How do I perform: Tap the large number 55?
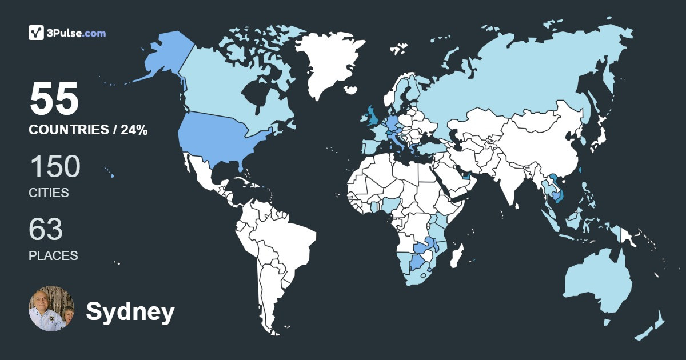[54, 99]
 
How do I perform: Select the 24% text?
[134, 130]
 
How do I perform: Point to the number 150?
[54, 167]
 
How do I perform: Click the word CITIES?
[49, 193]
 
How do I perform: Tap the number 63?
[46, 229]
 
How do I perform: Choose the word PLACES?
[53, 255]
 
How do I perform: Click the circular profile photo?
[51, 309]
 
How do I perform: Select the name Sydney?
[130, 312]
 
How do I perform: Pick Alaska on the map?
[163, 57]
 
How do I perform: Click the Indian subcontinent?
[503, 183]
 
